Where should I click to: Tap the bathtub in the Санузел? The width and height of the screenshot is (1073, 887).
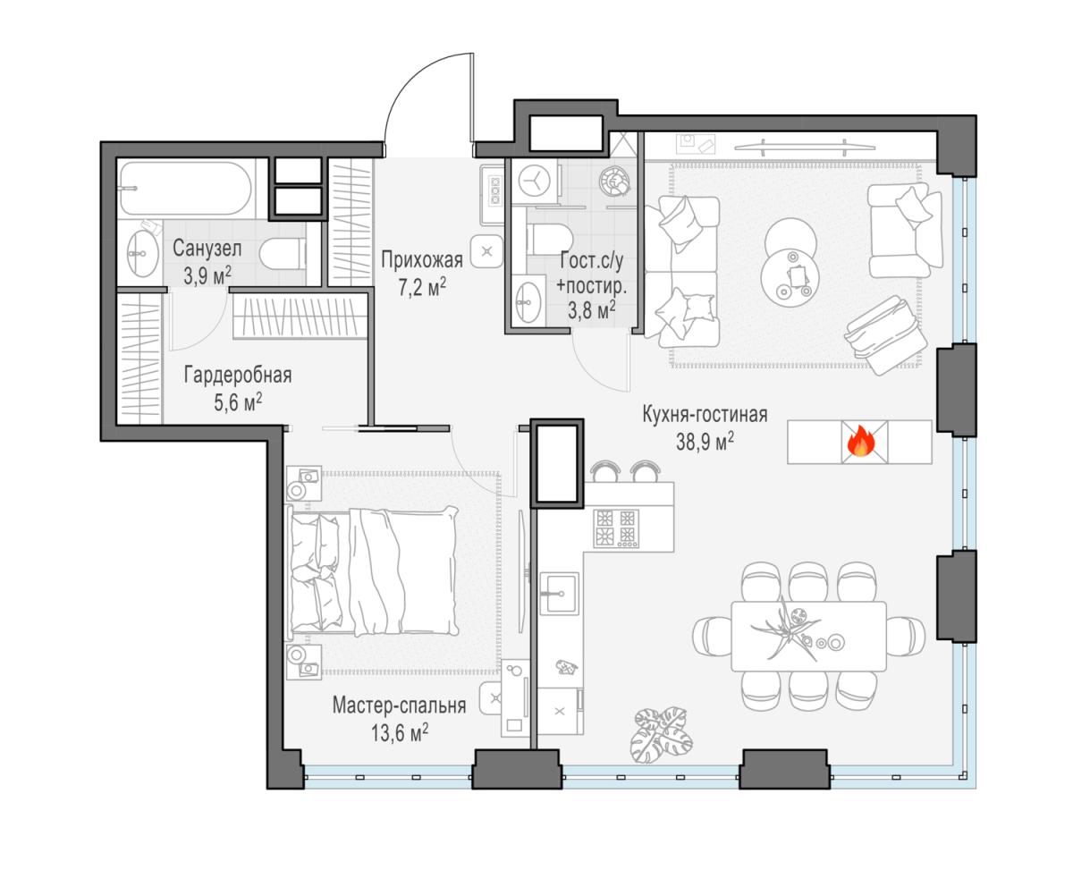pos(186,189)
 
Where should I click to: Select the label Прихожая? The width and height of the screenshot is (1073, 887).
pos(422,260)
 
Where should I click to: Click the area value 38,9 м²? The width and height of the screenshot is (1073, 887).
pos(705,442)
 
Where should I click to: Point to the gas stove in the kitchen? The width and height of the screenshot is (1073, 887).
pos(616,528)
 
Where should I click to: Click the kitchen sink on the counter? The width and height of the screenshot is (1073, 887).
pos(559,593)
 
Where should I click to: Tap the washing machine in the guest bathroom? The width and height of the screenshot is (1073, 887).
pos(535,181)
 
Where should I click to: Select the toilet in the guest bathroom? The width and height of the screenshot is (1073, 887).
pos(550,240)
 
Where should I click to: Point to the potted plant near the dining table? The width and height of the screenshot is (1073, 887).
pos(662,736)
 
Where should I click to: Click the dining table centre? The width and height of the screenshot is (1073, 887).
pos(808,636)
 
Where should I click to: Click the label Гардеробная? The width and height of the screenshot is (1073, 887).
pos(238,376)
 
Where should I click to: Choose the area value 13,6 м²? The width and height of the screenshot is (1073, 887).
pos(400,732)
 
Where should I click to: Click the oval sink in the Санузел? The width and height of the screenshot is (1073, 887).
pos(143,253)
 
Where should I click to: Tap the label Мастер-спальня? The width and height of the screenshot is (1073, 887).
pos(400,705)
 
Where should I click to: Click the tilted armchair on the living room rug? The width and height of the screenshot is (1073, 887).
pos(885,334)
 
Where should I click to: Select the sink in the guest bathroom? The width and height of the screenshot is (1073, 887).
pos(528,303)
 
